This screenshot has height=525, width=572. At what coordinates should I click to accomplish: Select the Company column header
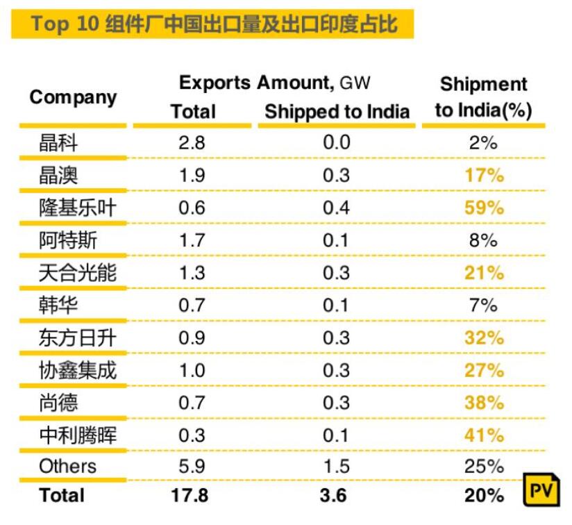pos(73,97)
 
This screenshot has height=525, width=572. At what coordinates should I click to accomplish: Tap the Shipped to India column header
pos(337,112)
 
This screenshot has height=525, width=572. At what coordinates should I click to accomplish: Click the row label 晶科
pos(58,143)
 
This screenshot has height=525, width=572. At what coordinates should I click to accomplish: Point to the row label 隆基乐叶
pos(77,208)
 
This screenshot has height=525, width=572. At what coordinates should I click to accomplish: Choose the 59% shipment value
pos(483,208)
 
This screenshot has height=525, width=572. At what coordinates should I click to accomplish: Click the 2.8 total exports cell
pos(192,143)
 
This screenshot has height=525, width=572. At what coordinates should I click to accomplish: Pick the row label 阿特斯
pos(68,240)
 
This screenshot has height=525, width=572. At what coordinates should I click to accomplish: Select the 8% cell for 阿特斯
pos(483,240)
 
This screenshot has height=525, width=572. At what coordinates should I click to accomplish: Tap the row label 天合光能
pos(77,273)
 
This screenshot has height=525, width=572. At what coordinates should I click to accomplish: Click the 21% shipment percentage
pos(483,273)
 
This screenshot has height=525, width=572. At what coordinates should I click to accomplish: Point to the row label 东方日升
pos(77,338)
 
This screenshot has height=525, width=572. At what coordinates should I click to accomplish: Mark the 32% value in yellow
pos(483,338)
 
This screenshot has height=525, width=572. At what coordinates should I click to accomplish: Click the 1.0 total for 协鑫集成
pos(192,371)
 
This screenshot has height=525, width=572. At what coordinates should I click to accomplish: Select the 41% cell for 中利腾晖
pos(483,435)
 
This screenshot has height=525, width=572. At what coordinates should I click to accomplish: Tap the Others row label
pos(67,466)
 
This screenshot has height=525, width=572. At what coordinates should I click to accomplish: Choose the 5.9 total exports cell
pos(192,466)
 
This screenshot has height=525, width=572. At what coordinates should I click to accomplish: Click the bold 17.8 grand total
pos(190,496)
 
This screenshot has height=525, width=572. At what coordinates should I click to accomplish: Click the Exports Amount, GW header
pos(275,83)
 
